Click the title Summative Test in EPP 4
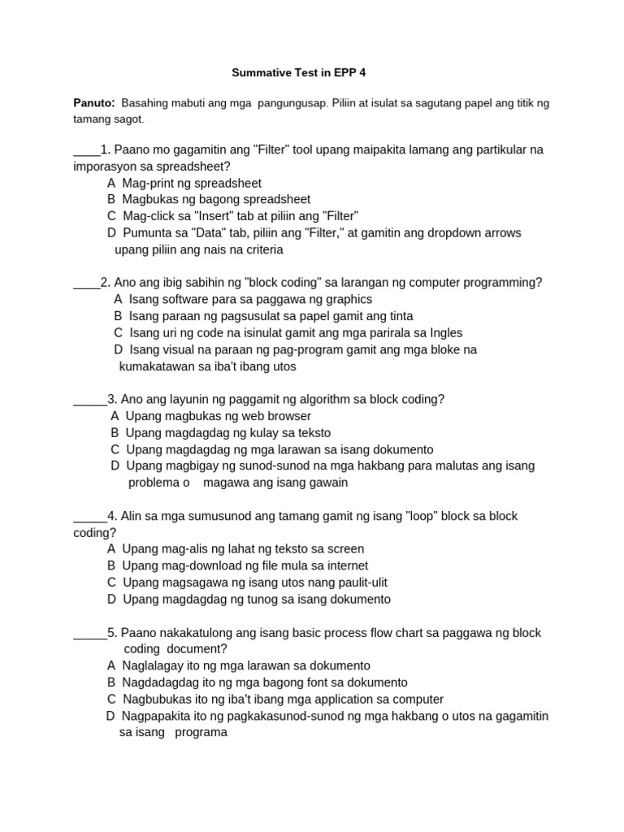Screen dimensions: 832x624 click(299, 73)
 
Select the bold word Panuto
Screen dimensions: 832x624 click(93, 103)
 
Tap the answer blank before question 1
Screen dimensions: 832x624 click(86, 149)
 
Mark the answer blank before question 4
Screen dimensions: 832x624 click(90, 516)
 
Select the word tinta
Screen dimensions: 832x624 click(397, 316)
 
